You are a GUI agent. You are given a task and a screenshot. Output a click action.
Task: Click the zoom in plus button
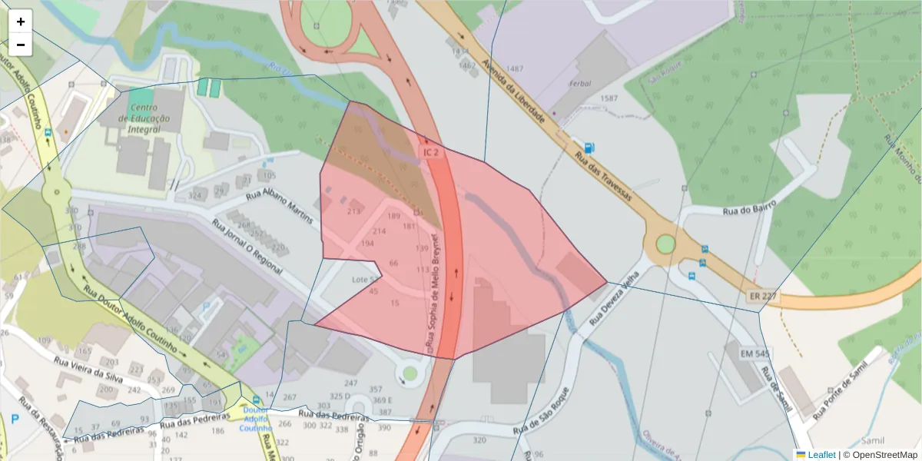coord(21,22)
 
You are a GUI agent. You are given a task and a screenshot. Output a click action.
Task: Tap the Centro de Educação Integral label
coord(144,118)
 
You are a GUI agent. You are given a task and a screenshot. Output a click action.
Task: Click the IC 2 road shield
coord(432,153)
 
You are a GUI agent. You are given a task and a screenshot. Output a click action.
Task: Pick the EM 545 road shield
coord(755,353)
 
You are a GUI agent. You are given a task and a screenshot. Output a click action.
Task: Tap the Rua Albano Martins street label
coord(280,205)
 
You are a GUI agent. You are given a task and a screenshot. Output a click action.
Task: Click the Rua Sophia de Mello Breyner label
coord(435,295)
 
